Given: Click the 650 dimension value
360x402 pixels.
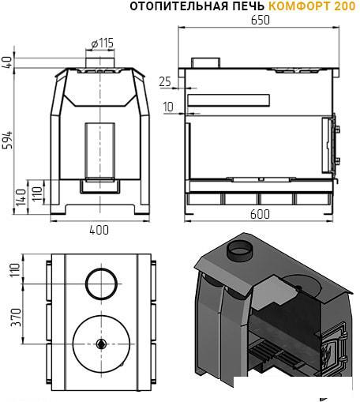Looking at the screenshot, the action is click(x=260, y=21).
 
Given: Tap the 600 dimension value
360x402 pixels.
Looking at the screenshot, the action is click(x=260, y=214).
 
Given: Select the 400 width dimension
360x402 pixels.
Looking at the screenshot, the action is click(x=99, y=230).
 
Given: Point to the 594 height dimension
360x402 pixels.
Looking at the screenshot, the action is click(x=8, y=140).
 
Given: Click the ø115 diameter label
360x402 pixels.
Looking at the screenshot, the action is click(x=103, y=43).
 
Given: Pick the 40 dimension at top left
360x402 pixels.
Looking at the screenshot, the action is click(x=8, y=62).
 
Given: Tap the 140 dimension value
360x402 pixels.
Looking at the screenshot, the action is click(x=21, y=197).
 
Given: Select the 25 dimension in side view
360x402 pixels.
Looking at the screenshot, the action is click(x=165, y=82).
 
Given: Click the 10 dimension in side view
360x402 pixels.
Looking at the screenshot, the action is click(x=168, y=107).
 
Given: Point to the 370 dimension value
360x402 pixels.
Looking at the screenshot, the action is click(x=16, y=317).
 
